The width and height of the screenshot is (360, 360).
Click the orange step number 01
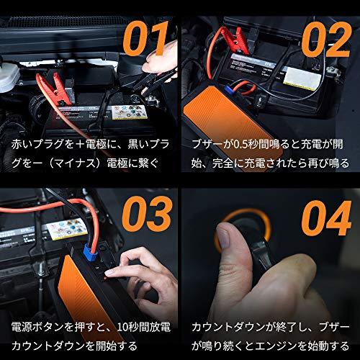point(146,38)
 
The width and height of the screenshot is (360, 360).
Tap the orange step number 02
point(326,40)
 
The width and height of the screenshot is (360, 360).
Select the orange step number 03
point(147,214)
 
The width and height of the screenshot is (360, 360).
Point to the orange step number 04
point(326,218)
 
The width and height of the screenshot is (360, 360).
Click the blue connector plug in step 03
point(89,251)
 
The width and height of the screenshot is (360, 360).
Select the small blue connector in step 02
point(228,89)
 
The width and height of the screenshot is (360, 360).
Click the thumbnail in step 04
point(224,236)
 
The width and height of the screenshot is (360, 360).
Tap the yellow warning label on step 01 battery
point(130,112)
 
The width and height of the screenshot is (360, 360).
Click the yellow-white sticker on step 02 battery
point(302,78)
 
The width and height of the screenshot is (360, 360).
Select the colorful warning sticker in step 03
point(64,230)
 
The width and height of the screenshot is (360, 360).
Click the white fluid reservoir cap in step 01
point(9,77)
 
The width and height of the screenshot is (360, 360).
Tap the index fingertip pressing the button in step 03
point(109,273)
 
